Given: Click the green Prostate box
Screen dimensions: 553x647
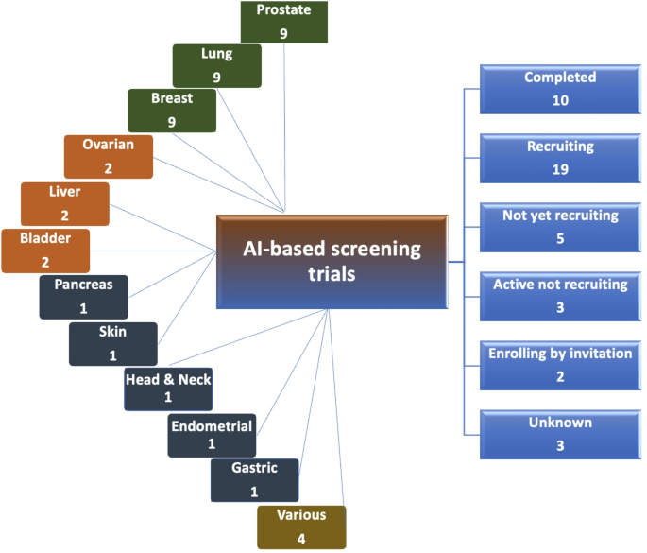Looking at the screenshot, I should tap(283, 22).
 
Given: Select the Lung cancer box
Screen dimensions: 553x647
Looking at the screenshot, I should tap(216, 65).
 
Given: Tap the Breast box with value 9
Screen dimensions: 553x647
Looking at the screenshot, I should tap(172, 109).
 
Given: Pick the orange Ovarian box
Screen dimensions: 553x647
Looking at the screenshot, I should tap(108, 155).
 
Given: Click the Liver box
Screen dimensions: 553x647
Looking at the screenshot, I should tap(64, 203).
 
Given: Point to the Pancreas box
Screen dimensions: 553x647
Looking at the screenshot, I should tap(83, 296).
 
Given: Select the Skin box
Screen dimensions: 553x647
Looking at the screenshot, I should tap(113, 343).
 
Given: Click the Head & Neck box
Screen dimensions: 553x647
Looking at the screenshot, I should tap(168, 389).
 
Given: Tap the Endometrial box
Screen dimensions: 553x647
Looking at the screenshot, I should tap(211, 436).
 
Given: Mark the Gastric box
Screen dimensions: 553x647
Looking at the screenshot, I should tap(253, 480).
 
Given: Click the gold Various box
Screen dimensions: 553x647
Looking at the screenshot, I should tap(301, 527).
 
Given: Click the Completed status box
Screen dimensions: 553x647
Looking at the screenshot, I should tap(560, 88).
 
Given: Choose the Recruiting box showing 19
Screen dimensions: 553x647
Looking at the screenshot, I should tap(560, 157).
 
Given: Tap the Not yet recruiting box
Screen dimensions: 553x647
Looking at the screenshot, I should tap(560, 226).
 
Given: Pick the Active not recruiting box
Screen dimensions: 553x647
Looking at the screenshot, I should tap(560, 295).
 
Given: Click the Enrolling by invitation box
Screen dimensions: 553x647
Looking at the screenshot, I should tap(560, 364).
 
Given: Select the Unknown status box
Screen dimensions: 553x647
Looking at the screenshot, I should tap(560, 433).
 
